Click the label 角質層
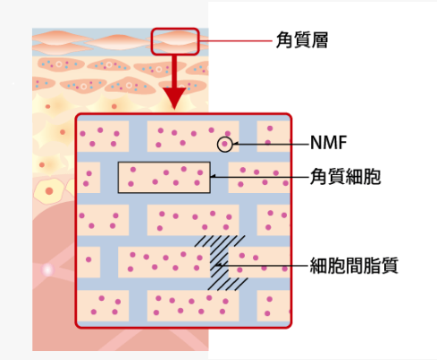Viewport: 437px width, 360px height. [x=302, y=40]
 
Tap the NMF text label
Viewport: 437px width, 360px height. [x=328, y=142]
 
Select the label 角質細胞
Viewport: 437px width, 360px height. [x=345, y=176]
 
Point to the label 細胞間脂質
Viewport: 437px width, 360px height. [x=354, y=265]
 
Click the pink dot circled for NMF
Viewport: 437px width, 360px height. [x=225, y=144]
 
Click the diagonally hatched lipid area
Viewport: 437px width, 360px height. [x=221, y=263]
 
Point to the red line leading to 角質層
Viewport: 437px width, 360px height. [x=236, y=41]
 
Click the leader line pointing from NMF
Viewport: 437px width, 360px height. [x=271, y=144]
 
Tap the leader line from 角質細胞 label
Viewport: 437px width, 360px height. [x=259, y=177]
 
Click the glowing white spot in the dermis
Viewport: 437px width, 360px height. [x=47, y=270]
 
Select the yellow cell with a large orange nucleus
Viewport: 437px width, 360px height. [x=48, y=191]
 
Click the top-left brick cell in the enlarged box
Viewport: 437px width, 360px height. [x=103, y=136]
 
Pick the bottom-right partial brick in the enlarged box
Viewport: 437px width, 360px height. [x=273, y=306]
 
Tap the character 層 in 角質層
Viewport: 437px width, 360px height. [x=320, y=40]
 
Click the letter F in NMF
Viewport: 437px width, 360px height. [x=342, y=142]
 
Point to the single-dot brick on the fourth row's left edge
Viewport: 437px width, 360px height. [x=88, y=262]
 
